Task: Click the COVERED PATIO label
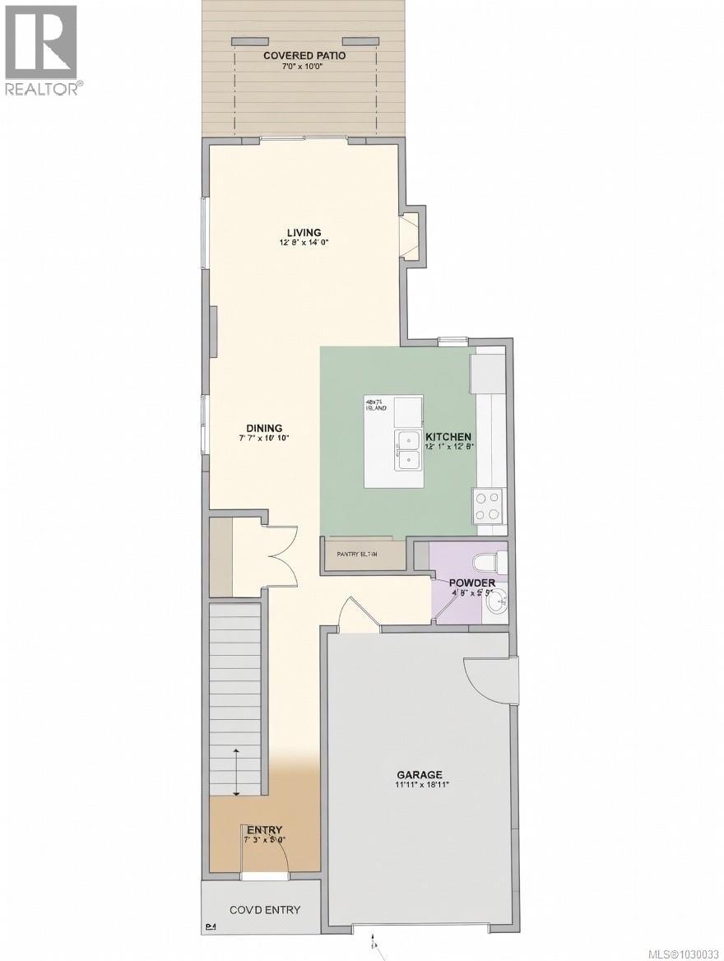click(304, 55)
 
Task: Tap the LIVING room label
click(304, 232)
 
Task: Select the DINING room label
click(264, 428)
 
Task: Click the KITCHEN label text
click(448, 437)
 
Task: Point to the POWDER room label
click(471, 583)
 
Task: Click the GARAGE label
click(420, 774)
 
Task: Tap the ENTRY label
click(264, 829)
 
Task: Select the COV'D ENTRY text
click(264, 910)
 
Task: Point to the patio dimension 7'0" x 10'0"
click(304, 66)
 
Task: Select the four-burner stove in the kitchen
click(488, 505)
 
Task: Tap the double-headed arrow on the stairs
click(237, 772)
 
